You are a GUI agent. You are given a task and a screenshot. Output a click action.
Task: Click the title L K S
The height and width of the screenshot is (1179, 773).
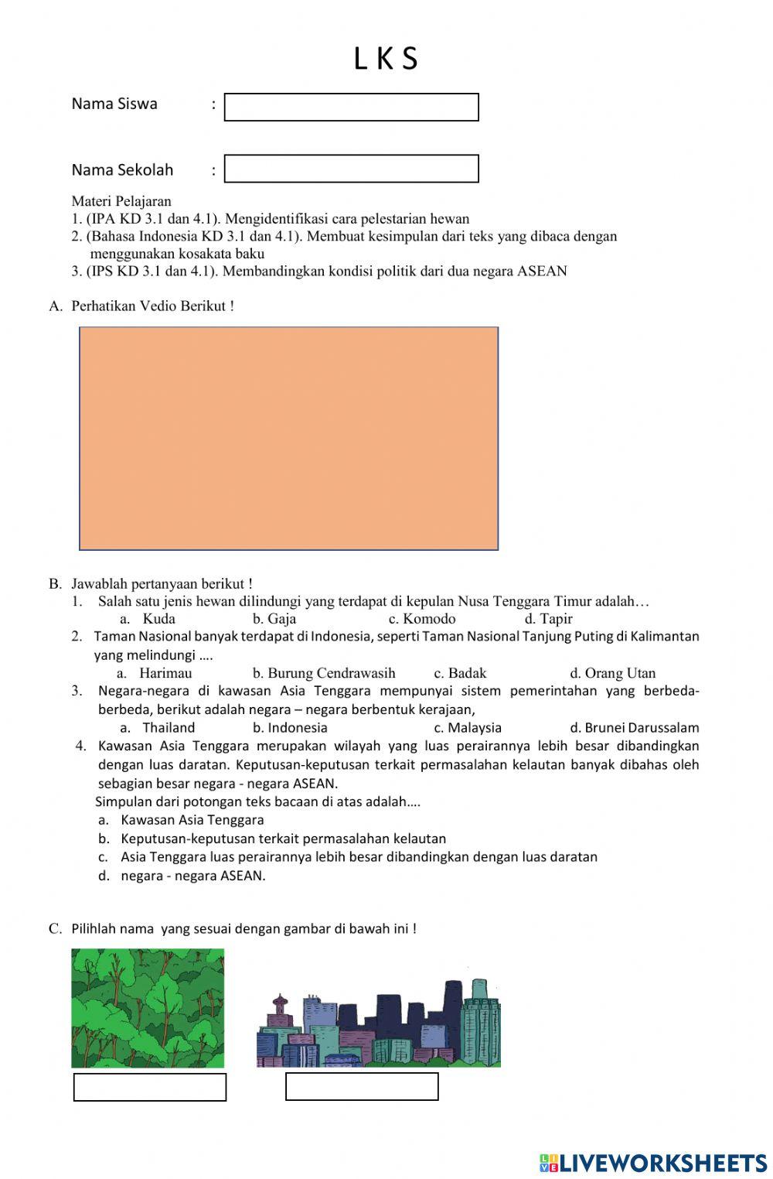pos(386,59)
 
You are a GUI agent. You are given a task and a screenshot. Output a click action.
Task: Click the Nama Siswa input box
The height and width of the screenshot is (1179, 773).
pos(351,108)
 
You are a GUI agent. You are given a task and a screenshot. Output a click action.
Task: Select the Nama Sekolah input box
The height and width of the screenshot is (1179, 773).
pos(351,169)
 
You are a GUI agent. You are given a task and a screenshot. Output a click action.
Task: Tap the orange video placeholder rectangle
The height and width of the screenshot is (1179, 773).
pos(288,438)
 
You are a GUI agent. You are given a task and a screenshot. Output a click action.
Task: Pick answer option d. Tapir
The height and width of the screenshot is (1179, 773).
pos(548,619)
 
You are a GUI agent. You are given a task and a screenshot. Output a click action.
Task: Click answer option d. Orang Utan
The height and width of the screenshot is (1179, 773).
pos(612,673)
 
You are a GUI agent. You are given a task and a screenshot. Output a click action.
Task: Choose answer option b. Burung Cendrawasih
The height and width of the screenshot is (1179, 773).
pos(323,673)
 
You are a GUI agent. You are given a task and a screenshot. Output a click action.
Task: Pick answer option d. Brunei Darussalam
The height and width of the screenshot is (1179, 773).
pos(634,728)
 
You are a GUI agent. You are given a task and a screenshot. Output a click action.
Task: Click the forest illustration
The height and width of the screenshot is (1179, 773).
pos(148,1008)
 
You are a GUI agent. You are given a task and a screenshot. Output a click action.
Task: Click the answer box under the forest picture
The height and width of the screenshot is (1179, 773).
pos(150,1087)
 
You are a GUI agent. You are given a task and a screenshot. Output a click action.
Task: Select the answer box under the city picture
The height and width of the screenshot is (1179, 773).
pos(362,1086)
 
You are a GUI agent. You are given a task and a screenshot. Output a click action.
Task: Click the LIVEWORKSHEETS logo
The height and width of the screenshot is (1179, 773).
pos(653,1163)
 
